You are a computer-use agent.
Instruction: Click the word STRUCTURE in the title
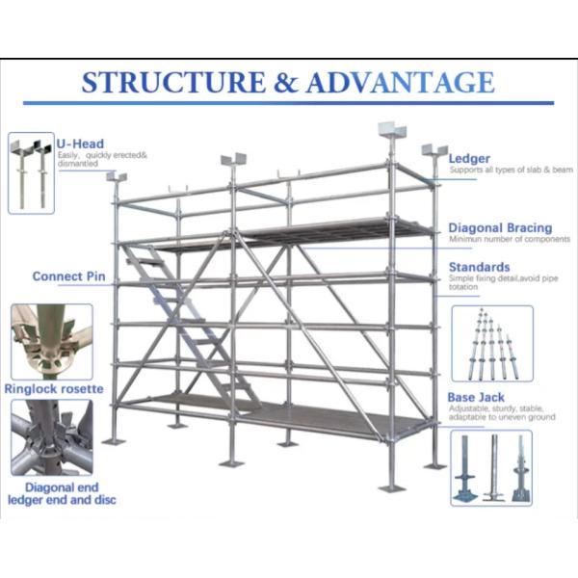point(171,83)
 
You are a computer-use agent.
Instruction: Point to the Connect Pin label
point(69,276)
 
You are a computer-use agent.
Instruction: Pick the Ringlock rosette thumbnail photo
point(52,342)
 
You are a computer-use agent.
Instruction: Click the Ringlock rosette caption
point(54,389)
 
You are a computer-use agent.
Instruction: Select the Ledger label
point(469,158)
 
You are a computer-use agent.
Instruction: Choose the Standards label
point(479,267)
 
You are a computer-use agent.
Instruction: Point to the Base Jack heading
point(476,397)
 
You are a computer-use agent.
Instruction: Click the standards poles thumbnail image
point(491,344)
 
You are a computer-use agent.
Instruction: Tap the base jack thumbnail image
point(491,468)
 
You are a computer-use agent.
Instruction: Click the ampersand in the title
point(285,84)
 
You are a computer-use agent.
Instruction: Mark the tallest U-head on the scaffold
point(392,132)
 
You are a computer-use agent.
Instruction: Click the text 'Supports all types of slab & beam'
point(496,171)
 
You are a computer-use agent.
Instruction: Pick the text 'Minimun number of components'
point(503,240)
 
